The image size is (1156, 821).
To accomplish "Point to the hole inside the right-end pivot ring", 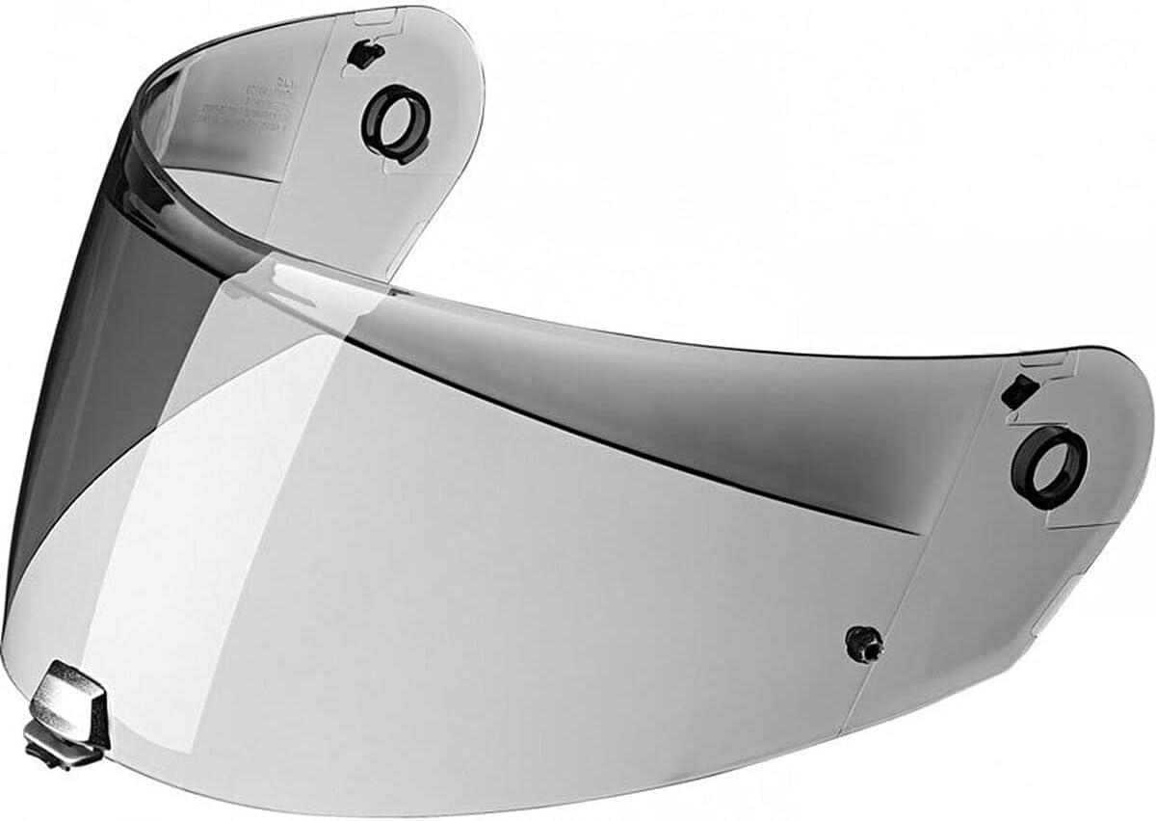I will point(1051,466).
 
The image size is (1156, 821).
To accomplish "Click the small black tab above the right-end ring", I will point(1019,392).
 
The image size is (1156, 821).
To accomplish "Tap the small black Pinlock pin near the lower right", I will point(863,643).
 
